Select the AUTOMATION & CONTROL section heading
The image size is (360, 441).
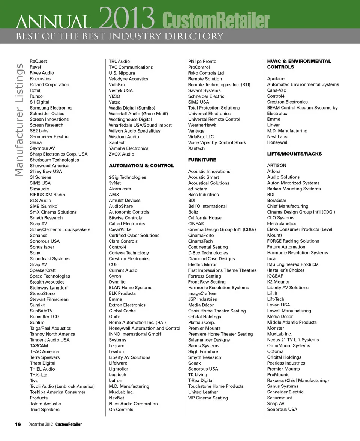pyautogui.click(x=141, y=165)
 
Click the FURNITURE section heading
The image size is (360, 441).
pyautogui.click(x=202, y=160)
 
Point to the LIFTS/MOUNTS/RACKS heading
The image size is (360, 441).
pyautogui.click(x=294, y=154)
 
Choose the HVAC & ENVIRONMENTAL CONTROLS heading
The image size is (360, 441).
pyautogui.click(x=299, y=64)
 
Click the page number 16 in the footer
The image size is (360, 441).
pyautogui.click(x=18, y=424)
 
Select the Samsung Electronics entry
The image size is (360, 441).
pyautogui.click(x=51, y=108)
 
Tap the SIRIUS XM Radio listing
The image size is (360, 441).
pyautogui.click(x=47, y=195)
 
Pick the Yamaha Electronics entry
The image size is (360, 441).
pyautogui.click(x=128, y=148)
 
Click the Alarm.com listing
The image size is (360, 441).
pyautogui.click(x=120, y=189)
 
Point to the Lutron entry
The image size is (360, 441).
pyautogui.click(x=115, y=380)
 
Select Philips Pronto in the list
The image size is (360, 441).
pyautogui.click(x=202, y=61)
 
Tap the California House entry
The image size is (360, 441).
pyautogui.click(x=204, y=218)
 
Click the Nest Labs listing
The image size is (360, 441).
pyautogui.click(x=277, y=136)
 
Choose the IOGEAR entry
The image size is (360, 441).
pyautogui.click(x=275, y=276)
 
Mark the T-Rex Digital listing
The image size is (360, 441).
pyautogui.click(x=201, y=380)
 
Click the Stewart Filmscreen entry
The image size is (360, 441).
pyautogui.click(x=49, y=299)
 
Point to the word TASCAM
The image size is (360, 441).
pyautogui.click(x=39, y=345)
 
